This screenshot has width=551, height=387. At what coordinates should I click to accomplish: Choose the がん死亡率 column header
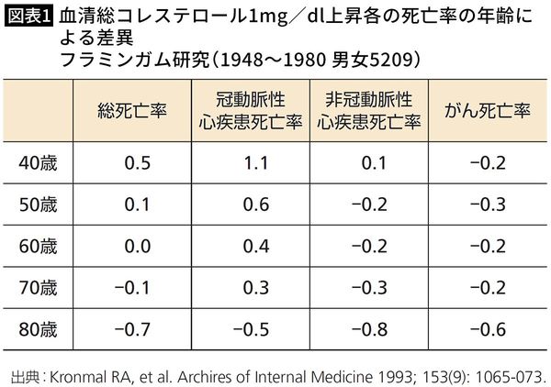(x=488, y=111)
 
